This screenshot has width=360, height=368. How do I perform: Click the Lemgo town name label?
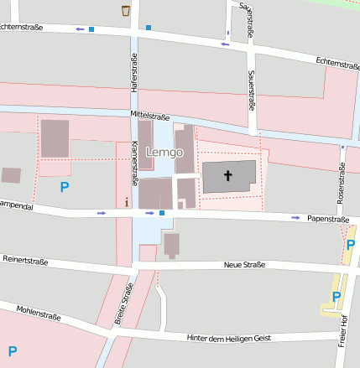(163, 153)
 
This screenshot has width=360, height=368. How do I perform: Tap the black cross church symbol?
(228, 176)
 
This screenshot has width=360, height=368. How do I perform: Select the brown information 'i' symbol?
(126, 201)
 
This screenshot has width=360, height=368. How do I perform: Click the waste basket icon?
(126, 10)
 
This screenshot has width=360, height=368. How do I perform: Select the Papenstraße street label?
(328, 219)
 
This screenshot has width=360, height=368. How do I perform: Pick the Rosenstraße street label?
(342, 184)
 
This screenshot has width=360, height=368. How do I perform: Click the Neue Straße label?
(244, 265)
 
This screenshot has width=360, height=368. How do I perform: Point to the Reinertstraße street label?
(25, 261)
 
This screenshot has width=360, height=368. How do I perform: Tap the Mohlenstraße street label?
(39, 313)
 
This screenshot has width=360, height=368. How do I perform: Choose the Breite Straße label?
(124, 304)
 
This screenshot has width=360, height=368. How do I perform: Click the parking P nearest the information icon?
(64, 188)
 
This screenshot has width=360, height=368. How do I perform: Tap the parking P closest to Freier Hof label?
(337, 297)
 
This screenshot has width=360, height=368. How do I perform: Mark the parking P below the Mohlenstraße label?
(13, 350)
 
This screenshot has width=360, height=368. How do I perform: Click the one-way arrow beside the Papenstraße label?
(295, 218)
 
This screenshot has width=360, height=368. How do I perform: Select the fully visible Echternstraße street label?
(338, 61)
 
